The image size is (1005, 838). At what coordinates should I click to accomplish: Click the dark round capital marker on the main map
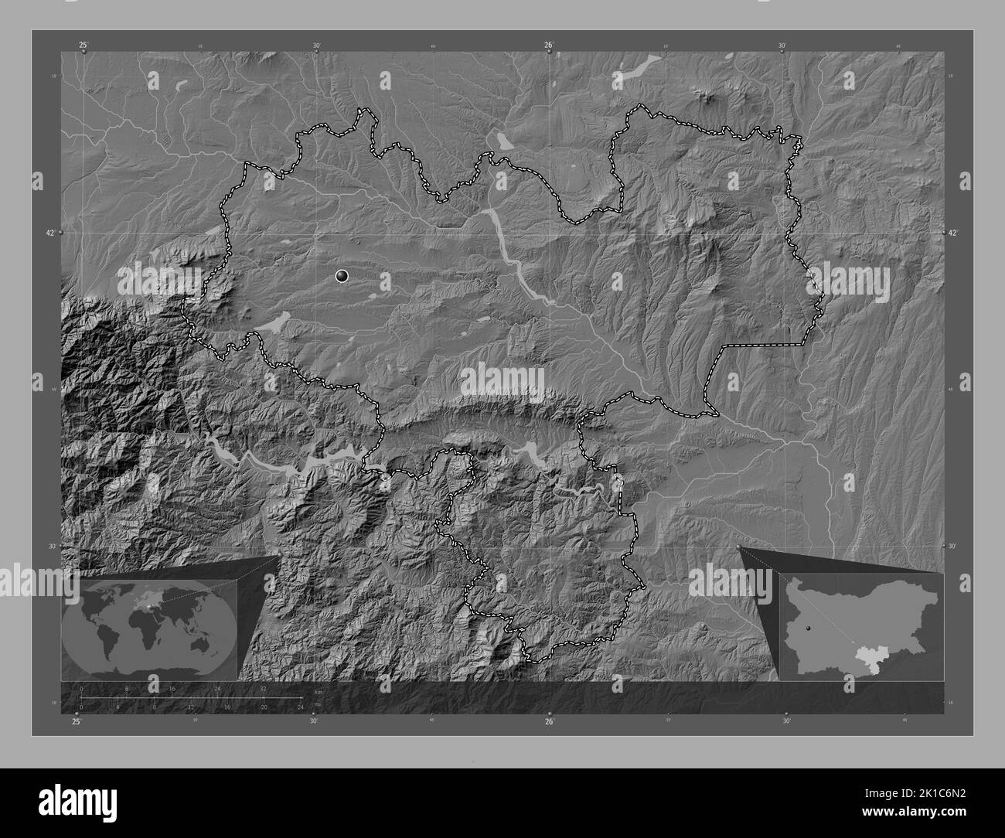(342, 275)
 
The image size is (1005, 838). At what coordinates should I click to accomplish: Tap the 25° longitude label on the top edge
(83, 45)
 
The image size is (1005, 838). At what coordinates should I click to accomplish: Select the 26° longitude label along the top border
(548, 45)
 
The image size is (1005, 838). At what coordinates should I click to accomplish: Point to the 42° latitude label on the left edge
(51, 232)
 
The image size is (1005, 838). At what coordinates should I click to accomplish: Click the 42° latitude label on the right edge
(953, 232)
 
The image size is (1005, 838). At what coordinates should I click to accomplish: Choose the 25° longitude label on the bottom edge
(76, 722)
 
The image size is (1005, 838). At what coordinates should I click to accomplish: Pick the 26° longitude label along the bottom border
(549, 722)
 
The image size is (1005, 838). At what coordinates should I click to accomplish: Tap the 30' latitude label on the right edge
(953, 546)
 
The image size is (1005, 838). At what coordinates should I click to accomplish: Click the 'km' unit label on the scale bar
(317, 693)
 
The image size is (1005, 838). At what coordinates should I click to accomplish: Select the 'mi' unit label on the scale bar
(317, 703)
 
